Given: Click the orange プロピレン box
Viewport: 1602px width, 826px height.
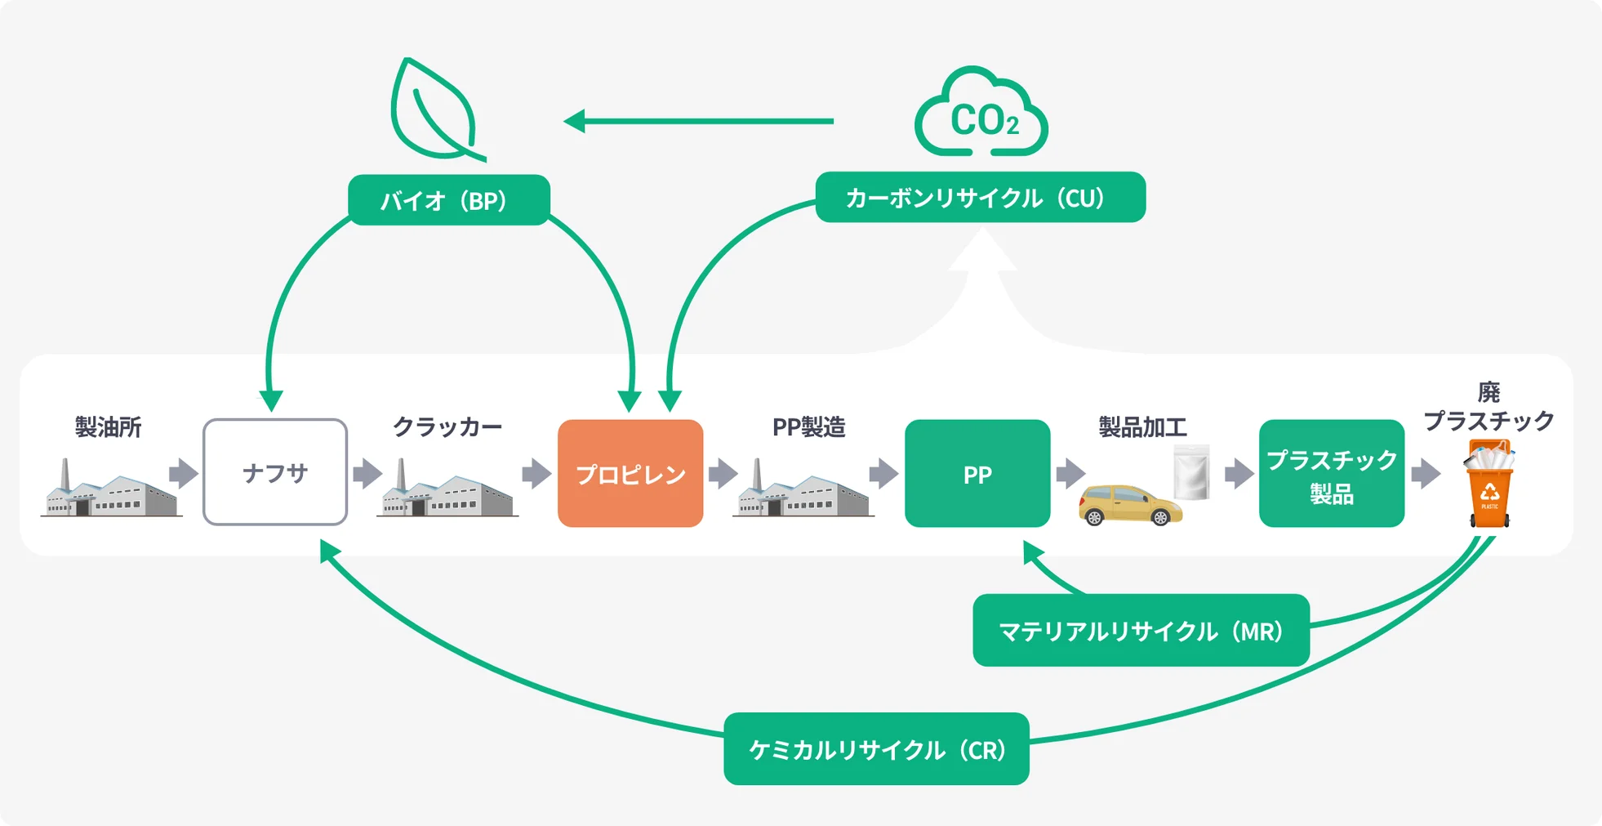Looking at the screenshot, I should point(630,473).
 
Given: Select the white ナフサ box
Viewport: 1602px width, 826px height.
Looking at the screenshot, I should point(275,472).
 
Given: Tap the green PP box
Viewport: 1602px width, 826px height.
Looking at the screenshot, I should point(977,473).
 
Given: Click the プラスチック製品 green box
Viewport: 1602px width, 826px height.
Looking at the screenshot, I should point(1331,473).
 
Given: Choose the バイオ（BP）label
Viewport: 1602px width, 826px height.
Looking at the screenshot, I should point(448,200).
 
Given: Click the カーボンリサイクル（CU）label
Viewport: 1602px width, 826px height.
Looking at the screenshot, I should point(980,198).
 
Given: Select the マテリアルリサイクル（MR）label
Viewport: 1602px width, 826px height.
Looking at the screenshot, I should point(1141,631).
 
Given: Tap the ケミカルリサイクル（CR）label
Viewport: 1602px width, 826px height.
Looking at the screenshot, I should point(875,749).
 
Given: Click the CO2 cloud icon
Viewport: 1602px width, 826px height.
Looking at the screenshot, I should point(981,114).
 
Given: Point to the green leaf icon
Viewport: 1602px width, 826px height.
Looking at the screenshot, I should point(434,110).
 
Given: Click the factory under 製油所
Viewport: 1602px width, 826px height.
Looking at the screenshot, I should point(110,490).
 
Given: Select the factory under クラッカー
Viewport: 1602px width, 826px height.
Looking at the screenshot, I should point(447,490).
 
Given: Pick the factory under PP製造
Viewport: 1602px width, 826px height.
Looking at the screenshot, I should point(803,490).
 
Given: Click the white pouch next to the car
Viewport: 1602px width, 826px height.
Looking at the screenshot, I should point(1191,472).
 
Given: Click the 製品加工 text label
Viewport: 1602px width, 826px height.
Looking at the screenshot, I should point(1141,427).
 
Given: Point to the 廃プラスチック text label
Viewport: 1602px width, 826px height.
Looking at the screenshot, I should point(1488,407).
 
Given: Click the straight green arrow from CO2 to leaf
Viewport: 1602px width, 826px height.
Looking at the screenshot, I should point(698,122).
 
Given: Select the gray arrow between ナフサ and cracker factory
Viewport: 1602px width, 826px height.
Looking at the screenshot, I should point(367,473).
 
